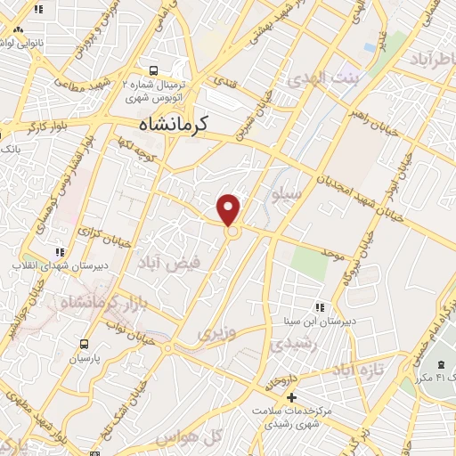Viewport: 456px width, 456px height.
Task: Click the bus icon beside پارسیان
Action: [x=83, y=344]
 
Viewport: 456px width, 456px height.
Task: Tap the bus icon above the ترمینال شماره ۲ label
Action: [x=155, y=69]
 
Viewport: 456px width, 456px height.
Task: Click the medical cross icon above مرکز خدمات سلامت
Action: [x=292, y=396]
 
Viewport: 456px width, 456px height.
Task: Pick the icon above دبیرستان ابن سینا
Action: [x=320, y=308]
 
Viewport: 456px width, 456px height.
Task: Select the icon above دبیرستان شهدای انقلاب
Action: [x=60, y=252]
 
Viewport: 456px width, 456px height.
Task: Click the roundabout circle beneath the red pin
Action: [x=232, y=232]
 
